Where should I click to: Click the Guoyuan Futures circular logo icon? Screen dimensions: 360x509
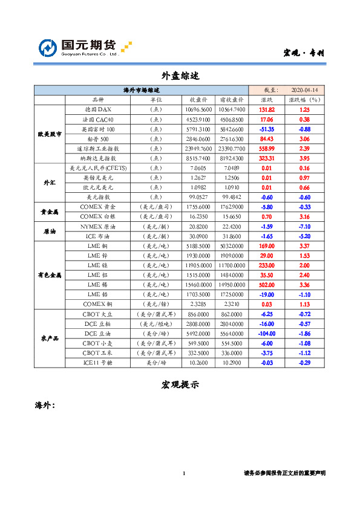coord(48,48)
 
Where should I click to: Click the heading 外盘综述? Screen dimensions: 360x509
coord(180,76)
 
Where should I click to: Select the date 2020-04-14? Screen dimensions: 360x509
coord(306,90)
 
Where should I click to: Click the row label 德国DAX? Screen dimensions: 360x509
coord(98,109)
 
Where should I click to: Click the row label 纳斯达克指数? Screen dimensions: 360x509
coord(98,158)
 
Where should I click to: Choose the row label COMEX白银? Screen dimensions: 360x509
coord(98,216)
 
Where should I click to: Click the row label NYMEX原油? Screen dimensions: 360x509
coord(98,225)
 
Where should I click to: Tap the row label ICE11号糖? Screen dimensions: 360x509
coord(98,362)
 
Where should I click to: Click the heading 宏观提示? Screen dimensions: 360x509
coord(180,384)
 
